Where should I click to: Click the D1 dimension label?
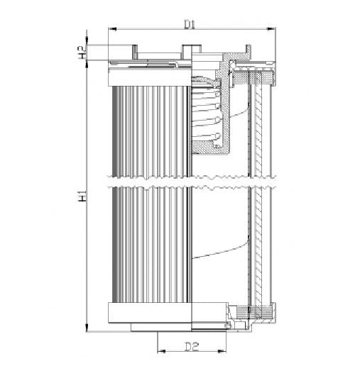click(x=190, y=24)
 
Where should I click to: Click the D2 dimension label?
click(x=192, y=347)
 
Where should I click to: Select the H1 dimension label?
click(x=82, y=196)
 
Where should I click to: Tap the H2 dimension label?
click(x=82, y=52)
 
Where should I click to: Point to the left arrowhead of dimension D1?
click(x=112, y=29)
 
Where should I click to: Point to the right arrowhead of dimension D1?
click(x=271, y=29)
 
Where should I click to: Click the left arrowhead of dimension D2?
click(x=161, y=351)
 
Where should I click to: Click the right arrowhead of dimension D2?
click(x=222, y=351)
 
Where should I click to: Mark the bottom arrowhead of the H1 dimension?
click(x=87, y=327)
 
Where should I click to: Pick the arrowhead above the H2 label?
click(x=87, y=40)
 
